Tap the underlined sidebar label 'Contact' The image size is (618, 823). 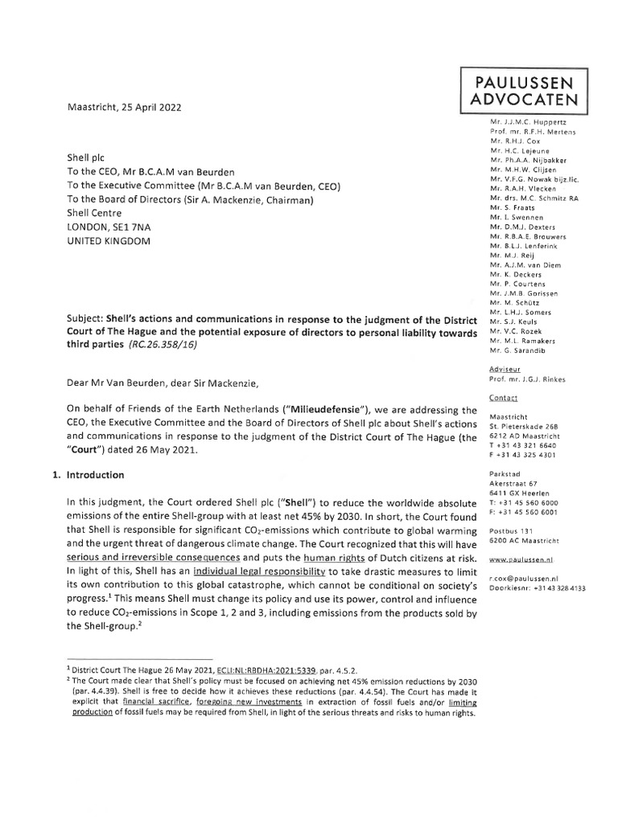click(504, 398)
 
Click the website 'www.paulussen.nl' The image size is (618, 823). click(524, 558)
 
